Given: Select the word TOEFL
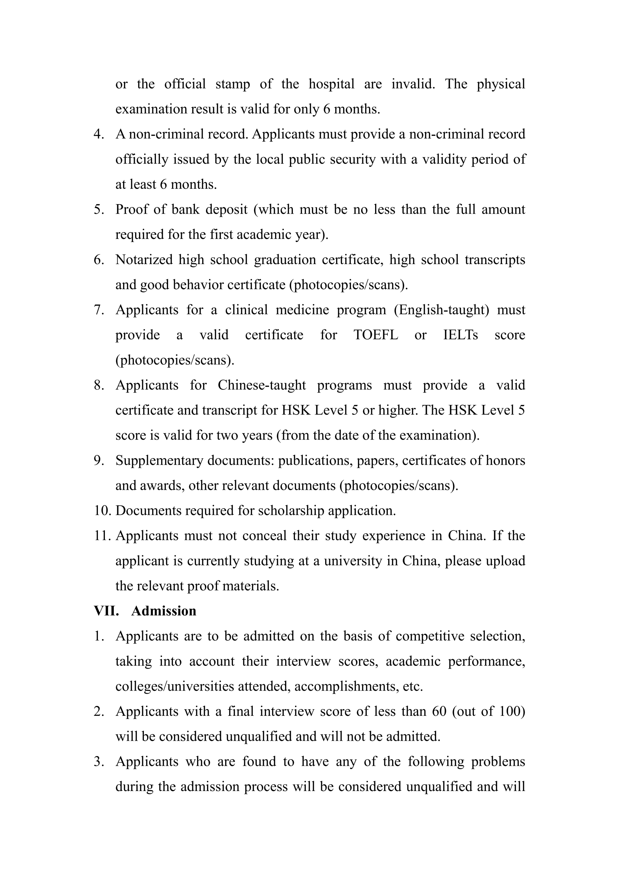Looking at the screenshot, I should [375, 335].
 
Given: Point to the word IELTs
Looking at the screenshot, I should [460, 335].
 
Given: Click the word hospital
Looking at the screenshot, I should [331, 84].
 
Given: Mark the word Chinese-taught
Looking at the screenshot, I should [261, 385].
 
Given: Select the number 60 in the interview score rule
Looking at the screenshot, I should [439, 711].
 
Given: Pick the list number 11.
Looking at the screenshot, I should [102, 536].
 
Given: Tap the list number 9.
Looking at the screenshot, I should [99, 460].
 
